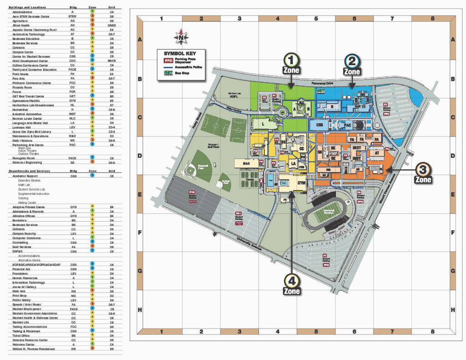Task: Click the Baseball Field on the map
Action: click(x=200, y=167)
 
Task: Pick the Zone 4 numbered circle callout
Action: click(x=291, y=280)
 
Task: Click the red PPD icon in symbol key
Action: click(x=169, y=60)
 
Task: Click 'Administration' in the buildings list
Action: click(x=23, y=12)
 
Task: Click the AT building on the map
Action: click(x=377, y=154)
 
